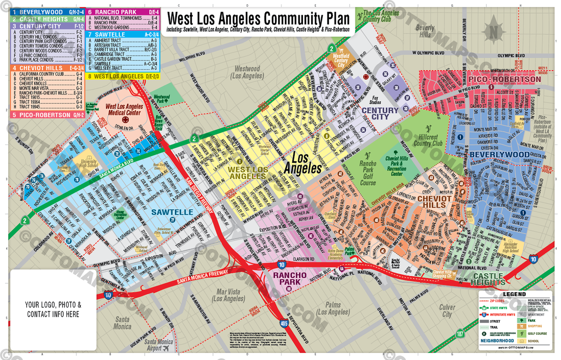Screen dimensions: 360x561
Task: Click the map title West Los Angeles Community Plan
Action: pyautogui.click(x=258, y=19)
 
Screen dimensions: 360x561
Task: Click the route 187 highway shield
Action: pyautogui.click(x=461, y=334)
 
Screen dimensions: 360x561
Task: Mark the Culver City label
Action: pyautogui.click(x=447, y=311)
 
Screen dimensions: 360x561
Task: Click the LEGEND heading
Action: pyautogui.click(x=514, y=294)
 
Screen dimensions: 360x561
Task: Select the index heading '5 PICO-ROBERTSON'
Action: pyautogui.click(x=41, y=115)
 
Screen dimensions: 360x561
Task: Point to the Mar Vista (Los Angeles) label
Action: pyautogui.click(x=227, y=295)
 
